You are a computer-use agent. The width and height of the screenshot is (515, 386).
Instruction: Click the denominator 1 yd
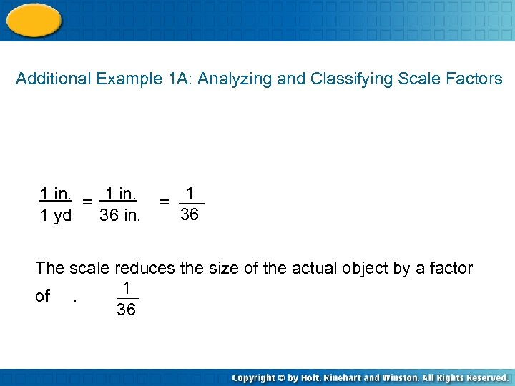tap(55, 216)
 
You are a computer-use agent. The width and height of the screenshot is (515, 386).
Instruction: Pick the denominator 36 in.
tap(120, 216)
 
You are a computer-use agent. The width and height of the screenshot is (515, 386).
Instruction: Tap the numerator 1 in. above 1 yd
tap(55, 194)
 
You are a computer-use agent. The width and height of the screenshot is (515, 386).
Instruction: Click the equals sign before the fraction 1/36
tap(164, 203)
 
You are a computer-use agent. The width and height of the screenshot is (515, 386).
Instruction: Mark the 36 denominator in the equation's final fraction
tap(190, 214)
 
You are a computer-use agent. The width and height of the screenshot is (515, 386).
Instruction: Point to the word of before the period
tap(43, 296)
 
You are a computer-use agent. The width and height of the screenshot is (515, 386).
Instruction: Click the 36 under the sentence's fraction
tap(126, 310)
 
